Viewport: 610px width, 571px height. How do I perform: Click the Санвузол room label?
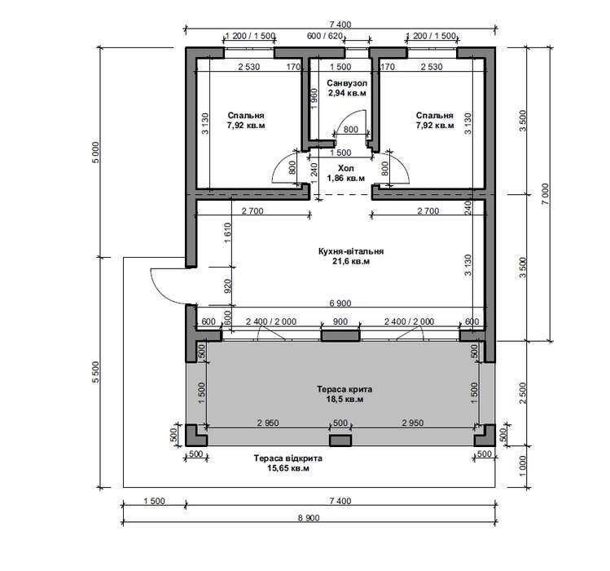pyautogui.click(x=347, y=83)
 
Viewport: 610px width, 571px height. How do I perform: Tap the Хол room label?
pyautogui.click(x=346, y=168)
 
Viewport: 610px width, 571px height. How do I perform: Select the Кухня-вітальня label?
pyautogui.click(x=351, y=251)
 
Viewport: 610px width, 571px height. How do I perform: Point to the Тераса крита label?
pyautogui.click(x=344, y=389)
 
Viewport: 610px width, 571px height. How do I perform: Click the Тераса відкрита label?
pyautogui.click(x=287, y=458)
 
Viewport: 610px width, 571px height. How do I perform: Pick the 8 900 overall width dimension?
pyautogui.click(x=309, y=518)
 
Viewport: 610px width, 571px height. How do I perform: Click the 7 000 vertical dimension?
pyautogui.click(x=546, y=194)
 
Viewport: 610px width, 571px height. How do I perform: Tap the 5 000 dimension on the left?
pyautogui.click(x=97, y=152)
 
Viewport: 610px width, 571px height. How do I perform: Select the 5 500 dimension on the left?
pyautogui.click(x=97, y=372)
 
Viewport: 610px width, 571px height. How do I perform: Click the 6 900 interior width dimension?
pyautogui.click(x=340, y=303)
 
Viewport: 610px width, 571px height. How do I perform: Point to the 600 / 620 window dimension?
pyautogui.click(x=325, y=36)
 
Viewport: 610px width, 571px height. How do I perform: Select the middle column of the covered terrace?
pyautogui.click(x=340, y=440)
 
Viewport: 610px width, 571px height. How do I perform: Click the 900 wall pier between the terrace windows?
pyautogui.click(x=340, y=336)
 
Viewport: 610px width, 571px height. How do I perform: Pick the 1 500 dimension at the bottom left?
pyautogui.click(x=155, y=501)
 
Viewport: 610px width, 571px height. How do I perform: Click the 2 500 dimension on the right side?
pyautogui.click(x=523, y=393)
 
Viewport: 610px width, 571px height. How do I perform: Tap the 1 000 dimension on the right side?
pyautogui.click(x=523, y=466)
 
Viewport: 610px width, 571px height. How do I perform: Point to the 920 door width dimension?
pyautogui.click(x=228, y=285)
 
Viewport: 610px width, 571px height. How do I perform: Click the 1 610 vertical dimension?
pyautogui.click(x=228, y=232)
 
